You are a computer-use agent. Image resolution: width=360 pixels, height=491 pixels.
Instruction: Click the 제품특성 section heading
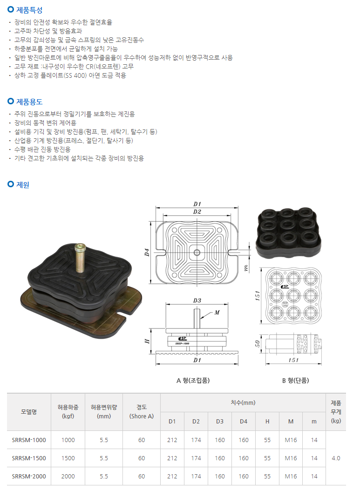(29, 10)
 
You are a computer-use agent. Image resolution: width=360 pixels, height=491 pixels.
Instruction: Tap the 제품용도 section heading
(29, 102)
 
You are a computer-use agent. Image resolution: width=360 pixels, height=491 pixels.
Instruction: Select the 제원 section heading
(22, 185)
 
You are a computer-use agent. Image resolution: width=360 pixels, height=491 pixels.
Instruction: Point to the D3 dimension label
(197, 300)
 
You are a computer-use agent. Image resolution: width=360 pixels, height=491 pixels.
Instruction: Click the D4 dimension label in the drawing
(147, 252)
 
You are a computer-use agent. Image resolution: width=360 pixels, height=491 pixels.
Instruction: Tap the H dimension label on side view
(147, 341)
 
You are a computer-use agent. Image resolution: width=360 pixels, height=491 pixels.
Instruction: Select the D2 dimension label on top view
(197, 211)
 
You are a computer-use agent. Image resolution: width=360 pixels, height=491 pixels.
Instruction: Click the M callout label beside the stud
(217, 312)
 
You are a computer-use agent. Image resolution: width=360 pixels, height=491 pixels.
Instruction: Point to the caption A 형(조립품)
(193, 381)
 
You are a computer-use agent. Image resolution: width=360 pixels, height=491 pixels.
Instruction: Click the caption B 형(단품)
(296, 381)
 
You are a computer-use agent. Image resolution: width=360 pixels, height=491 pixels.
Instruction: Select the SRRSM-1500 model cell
(29, 458)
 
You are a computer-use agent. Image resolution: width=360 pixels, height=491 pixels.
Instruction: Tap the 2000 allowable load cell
(68, 476)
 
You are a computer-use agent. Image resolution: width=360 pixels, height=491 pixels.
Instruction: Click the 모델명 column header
(29, 412)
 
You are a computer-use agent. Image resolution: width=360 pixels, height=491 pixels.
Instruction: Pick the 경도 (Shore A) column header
(142, 411)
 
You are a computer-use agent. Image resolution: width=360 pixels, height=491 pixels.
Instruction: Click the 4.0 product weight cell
(336, 458)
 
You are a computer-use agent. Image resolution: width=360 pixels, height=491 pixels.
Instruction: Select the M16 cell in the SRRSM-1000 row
(291, 440)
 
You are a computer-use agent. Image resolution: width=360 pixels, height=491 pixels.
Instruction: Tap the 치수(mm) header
(243, 402)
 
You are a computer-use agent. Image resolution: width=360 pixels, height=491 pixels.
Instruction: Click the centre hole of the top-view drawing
(197, 252)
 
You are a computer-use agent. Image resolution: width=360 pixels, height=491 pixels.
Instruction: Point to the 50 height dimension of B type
(258, 344)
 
